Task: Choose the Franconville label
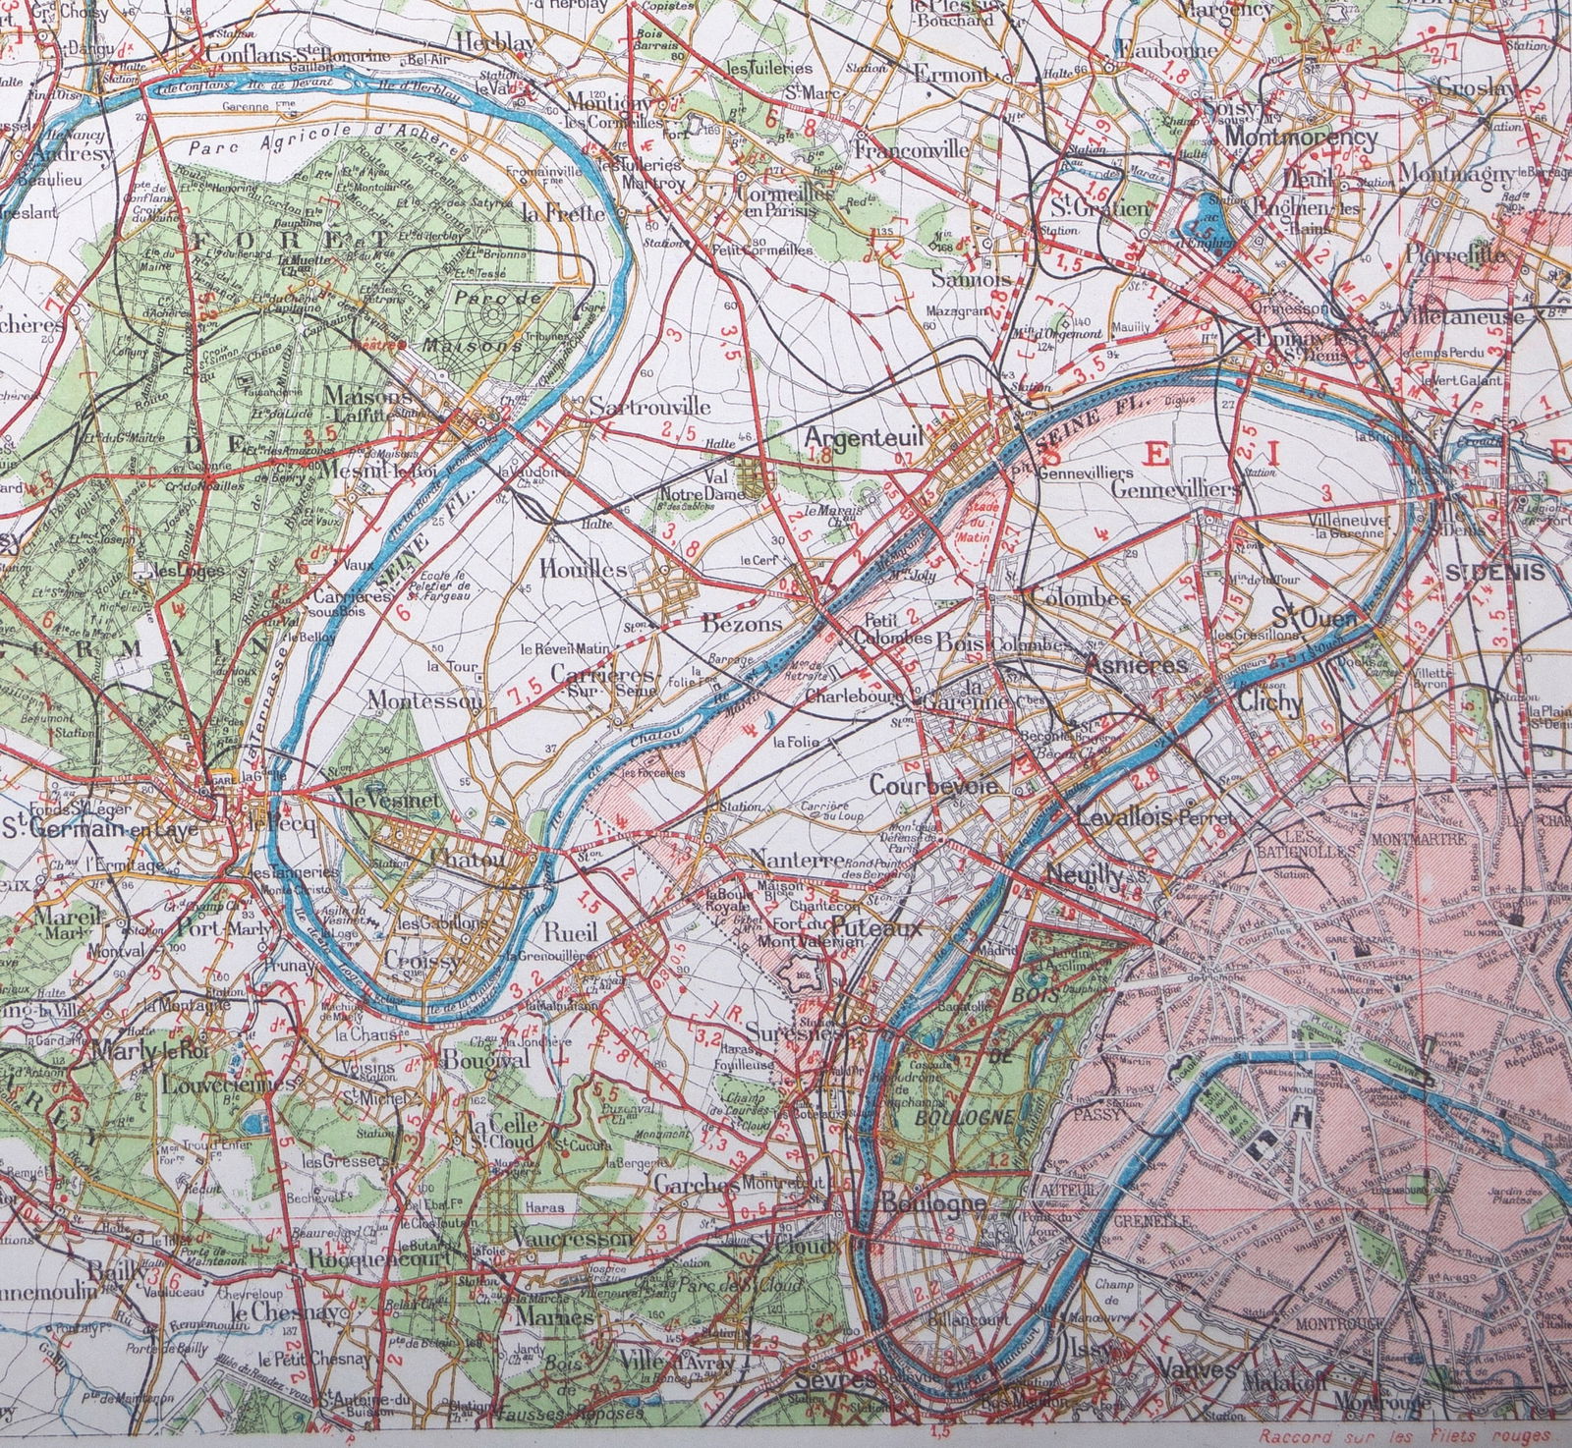[912, 150]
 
